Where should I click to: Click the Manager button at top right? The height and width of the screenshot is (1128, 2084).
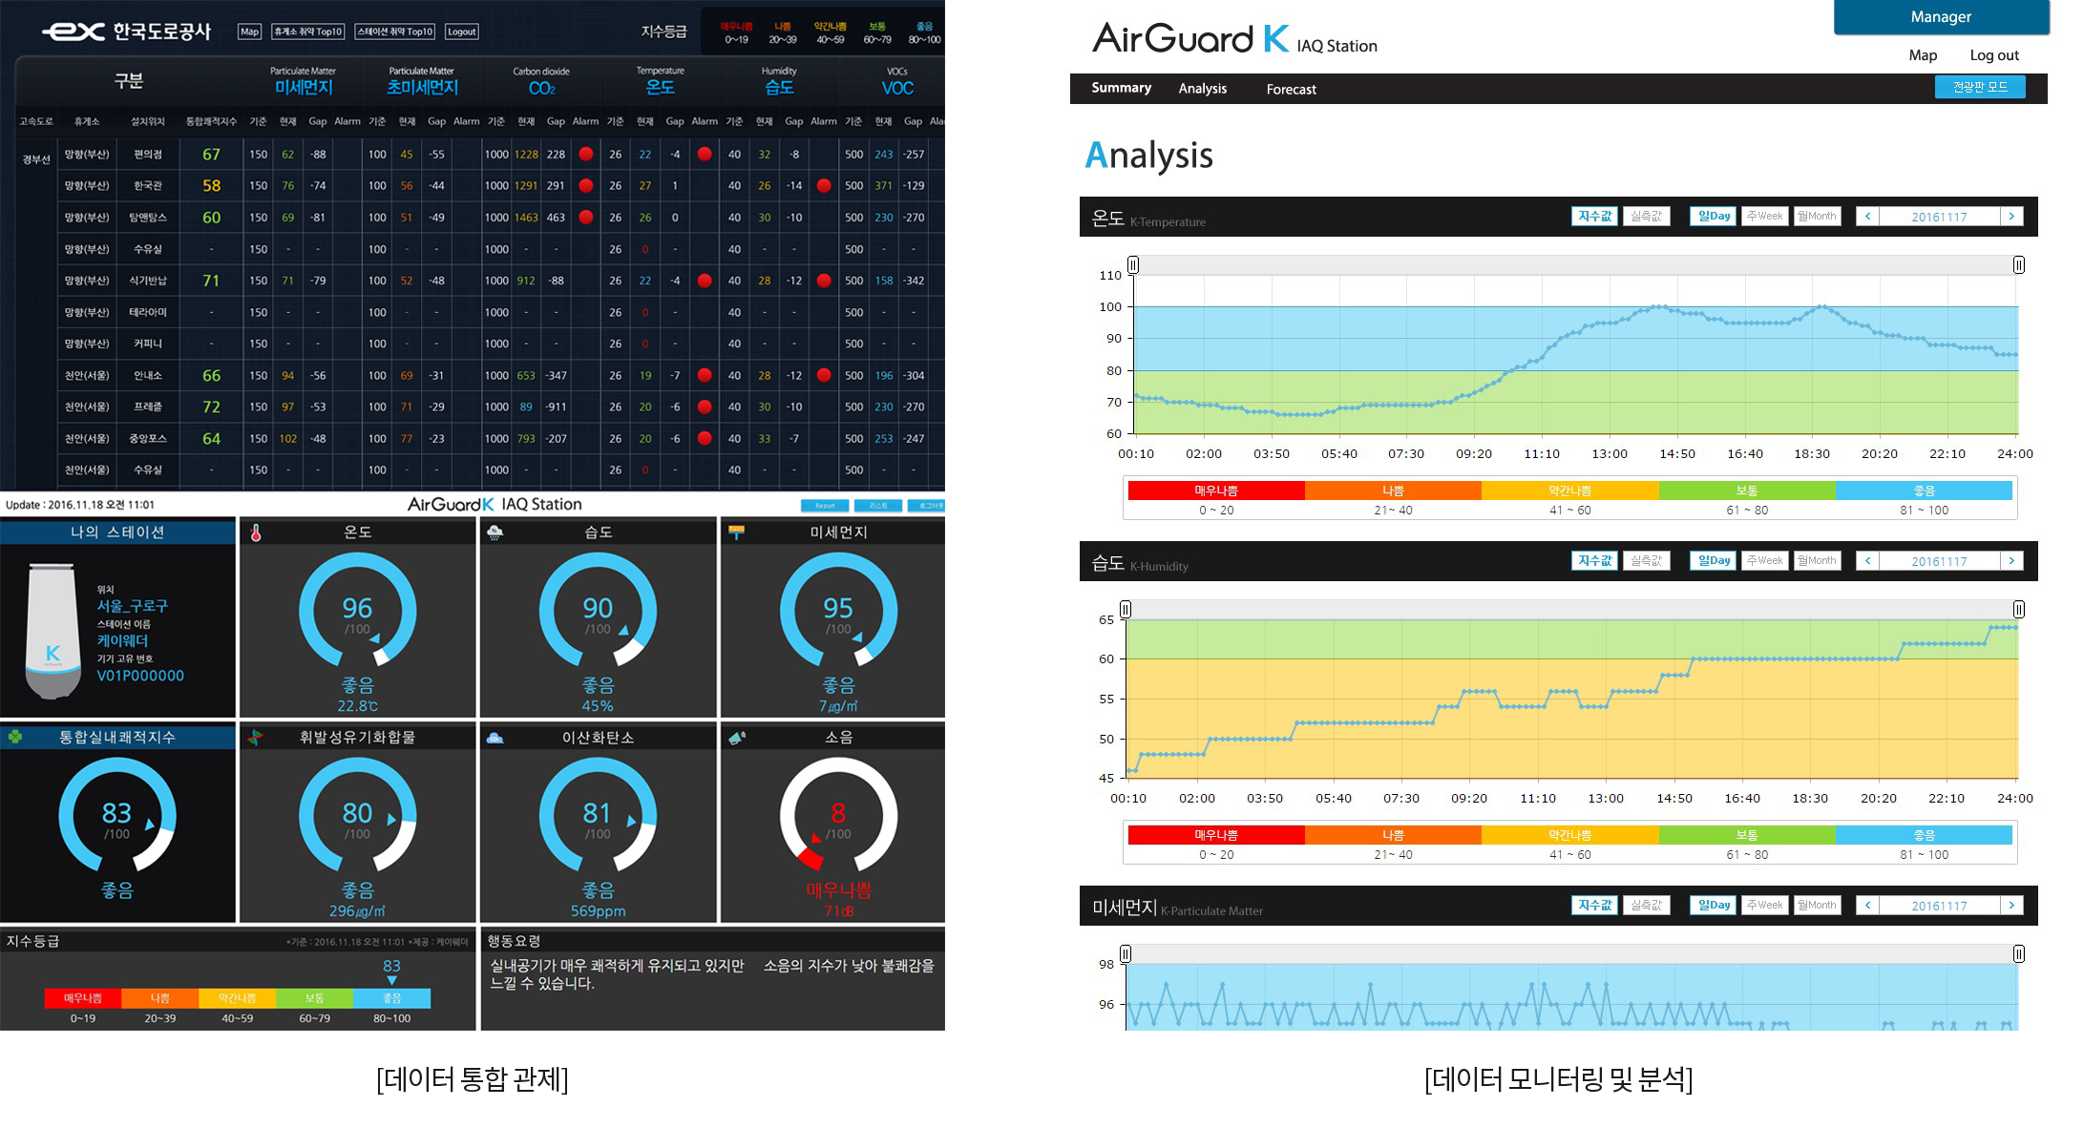[1941, 17]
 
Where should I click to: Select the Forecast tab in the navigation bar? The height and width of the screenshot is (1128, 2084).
[1291, 89]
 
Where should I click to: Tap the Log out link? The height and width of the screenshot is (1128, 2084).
[1994, 55]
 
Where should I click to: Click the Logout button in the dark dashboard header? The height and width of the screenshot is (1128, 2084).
[462, 31]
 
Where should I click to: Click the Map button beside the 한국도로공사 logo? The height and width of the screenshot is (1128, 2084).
[249, 31]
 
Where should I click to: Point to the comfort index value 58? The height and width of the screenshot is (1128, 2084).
[211, 186]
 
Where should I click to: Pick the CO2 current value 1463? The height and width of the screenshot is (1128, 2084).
[526, 218]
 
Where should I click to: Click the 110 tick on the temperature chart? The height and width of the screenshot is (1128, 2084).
[1110, 275]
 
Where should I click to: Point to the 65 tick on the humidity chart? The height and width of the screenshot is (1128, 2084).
[1105, 619]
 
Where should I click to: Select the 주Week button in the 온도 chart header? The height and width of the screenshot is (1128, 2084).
[1764, 217]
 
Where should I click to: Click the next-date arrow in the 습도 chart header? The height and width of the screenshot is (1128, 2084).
[2011, 561]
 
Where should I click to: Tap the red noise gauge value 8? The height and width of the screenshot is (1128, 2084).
[838, 813]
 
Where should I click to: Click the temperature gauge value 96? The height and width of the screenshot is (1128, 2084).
[357, 608]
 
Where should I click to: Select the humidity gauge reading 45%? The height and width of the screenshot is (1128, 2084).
[598, 706]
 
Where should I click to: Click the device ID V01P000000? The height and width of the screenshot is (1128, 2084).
[140, 676]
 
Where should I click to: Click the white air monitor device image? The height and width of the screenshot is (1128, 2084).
[53, 631]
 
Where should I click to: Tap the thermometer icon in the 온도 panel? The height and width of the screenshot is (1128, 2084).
[256, 533]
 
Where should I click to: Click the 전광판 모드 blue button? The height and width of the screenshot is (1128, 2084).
[1979, 87]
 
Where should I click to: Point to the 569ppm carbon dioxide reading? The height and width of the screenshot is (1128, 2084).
[598, 911]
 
